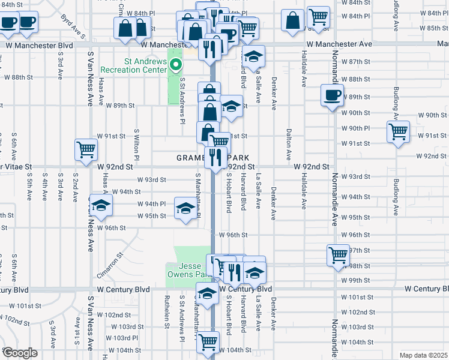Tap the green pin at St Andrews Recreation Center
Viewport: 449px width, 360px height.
click(176, 64)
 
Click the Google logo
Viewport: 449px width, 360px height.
click(20, 353)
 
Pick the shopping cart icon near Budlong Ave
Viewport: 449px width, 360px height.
click(398, 131)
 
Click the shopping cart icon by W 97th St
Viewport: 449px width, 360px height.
click(338, 254)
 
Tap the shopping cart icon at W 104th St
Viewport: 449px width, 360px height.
click(208, 342)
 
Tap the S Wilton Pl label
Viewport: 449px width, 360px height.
click(137, 143)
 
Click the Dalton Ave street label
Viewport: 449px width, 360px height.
click(289, 143)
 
